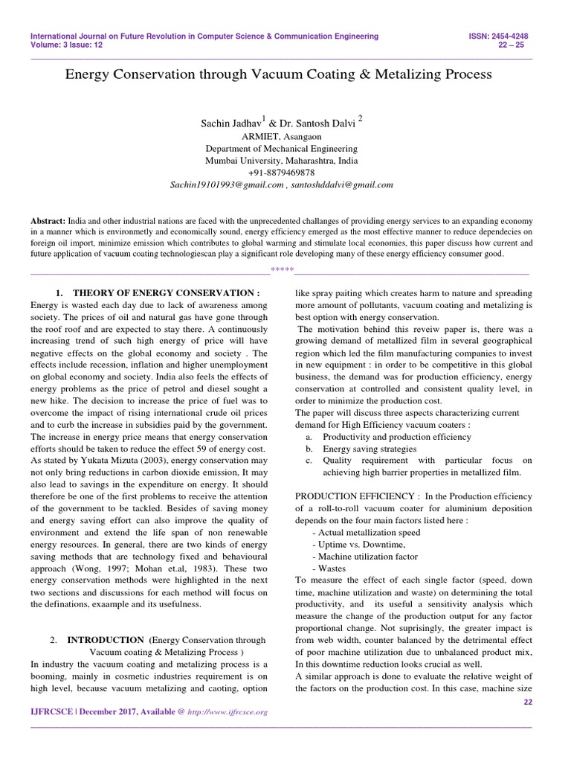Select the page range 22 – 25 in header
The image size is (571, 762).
[x=519, y=45]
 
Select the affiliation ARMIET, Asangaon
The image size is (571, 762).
[x=281, y=137]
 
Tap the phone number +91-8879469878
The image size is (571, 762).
[x=281, y=172]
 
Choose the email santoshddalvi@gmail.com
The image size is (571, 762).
[x=343, y=185]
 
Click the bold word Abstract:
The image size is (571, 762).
[x=48, y=221]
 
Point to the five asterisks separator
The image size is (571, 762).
[x=282, y=269]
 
